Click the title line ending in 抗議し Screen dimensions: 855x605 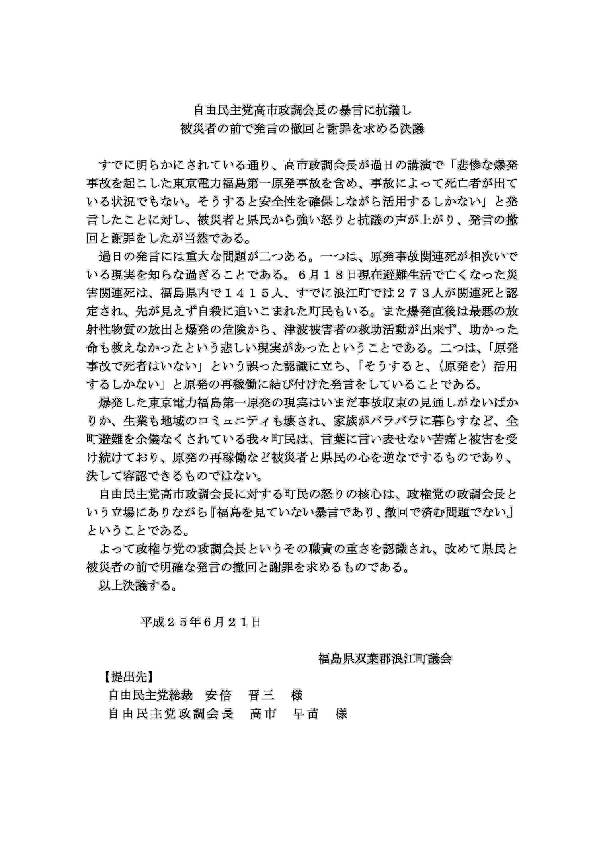point(303,111)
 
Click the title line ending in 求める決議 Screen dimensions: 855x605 point(303,129)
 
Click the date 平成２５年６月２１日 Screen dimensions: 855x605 point(200,622)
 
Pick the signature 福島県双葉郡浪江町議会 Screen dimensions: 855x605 point(385,659)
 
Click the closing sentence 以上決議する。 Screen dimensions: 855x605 point(138,586)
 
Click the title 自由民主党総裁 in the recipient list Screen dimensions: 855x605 point(151,695)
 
